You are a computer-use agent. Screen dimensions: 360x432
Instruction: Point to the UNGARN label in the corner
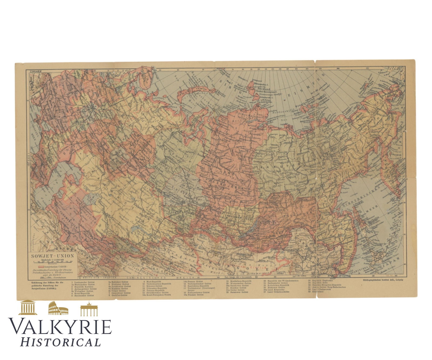click(33, 71)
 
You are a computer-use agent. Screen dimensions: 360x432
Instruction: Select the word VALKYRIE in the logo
click(60, 327)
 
